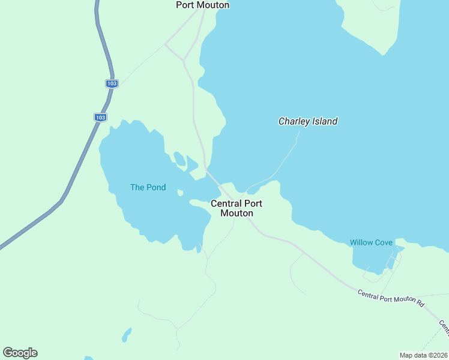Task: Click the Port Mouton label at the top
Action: click(x=202, y=5)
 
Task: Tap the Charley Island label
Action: click(x=308, y=121)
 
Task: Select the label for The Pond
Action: click(x=148, y=187)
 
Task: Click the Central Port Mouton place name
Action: click(x=237, y=208)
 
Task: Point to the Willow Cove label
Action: click(x=371, y=242)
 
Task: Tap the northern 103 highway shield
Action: click(x=111, y=83)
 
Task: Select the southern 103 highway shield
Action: click(x=100, y=117)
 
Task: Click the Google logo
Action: click(x=20, y=353)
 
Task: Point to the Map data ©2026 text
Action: click(x=423, y=355)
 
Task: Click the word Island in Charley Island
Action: click(x=324, y=121)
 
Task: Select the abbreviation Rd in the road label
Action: click(x=420, y=304)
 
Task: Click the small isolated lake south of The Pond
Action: click(x=126, y=334)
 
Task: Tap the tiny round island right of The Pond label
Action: click(x=180, y=193)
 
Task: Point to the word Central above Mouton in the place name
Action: click(x=225, y=203)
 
